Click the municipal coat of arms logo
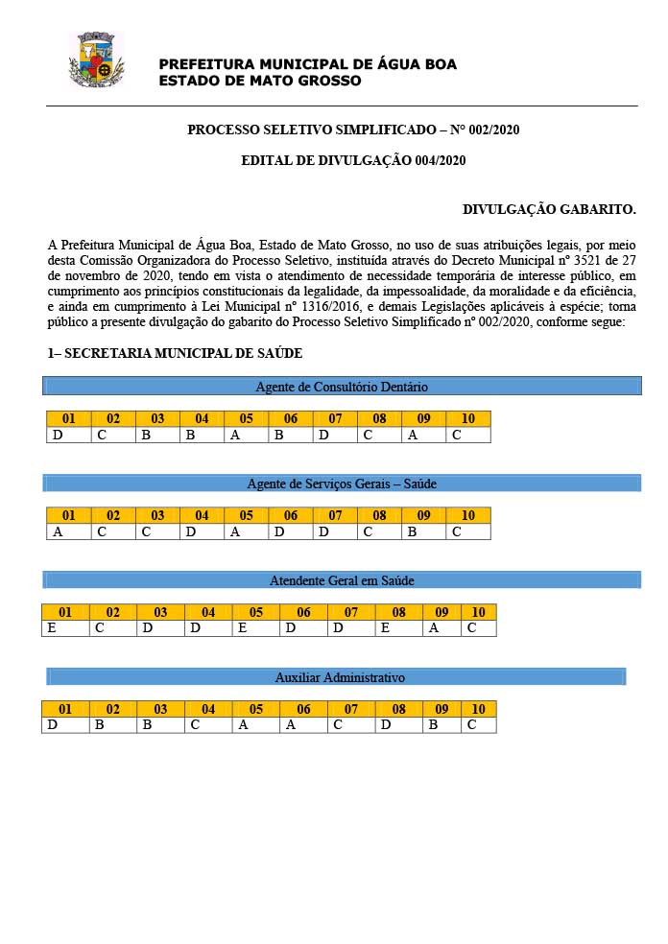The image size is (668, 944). [96, 59]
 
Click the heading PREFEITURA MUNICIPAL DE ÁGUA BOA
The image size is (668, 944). [307, 64]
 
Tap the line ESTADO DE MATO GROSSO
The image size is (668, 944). [259, 81]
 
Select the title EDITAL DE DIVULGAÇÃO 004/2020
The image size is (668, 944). [353, 160]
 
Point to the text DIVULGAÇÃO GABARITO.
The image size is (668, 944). [549, 208]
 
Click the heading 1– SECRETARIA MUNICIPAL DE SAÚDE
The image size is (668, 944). [175, 354]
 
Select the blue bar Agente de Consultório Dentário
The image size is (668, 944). [342, 387]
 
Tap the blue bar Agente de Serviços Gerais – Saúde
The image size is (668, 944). [342, 483]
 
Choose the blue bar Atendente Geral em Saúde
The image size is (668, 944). [342, 580]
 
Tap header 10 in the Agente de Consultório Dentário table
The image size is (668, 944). [467, 419]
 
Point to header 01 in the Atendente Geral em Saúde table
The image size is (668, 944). [65, 612]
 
